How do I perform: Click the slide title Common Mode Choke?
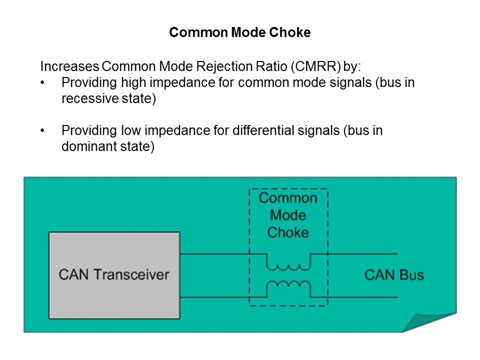pos(240,33)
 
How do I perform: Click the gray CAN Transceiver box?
pos(114,275)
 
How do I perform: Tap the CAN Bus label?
pos(394,275)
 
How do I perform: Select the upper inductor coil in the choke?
pos(288,262)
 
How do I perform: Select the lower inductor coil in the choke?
pos(288,286)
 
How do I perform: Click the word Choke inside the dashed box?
pos(288,232)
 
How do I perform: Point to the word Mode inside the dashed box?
pos(288,215)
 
